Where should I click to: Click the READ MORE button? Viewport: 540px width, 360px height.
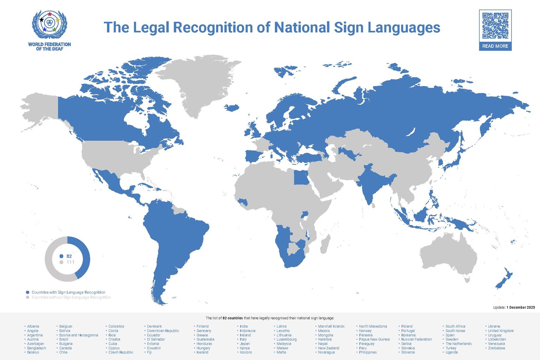point(495,46)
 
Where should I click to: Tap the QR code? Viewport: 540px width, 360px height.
point(495,26)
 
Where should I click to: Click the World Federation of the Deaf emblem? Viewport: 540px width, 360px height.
point(49,24)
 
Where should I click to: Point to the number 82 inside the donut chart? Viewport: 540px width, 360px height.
point(69,256)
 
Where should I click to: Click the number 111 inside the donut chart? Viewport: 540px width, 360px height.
point(70,262)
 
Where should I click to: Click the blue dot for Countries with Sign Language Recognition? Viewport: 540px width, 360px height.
point(27,292)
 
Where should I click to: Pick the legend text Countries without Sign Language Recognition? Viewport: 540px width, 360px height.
point(71,297)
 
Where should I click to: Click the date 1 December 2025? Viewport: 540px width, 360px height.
point(520,307)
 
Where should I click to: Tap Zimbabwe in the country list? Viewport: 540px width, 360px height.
point(496,348)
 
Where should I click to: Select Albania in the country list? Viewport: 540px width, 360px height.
point(33,326)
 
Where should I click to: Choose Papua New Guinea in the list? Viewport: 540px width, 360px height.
point(374,339)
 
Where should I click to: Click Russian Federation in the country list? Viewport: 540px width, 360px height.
point(417,339)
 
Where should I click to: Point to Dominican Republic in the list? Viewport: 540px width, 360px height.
point(163,331)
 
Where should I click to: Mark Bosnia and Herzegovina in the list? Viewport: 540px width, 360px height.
point(78,335)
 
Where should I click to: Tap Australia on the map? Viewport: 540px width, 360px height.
point(448,255)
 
